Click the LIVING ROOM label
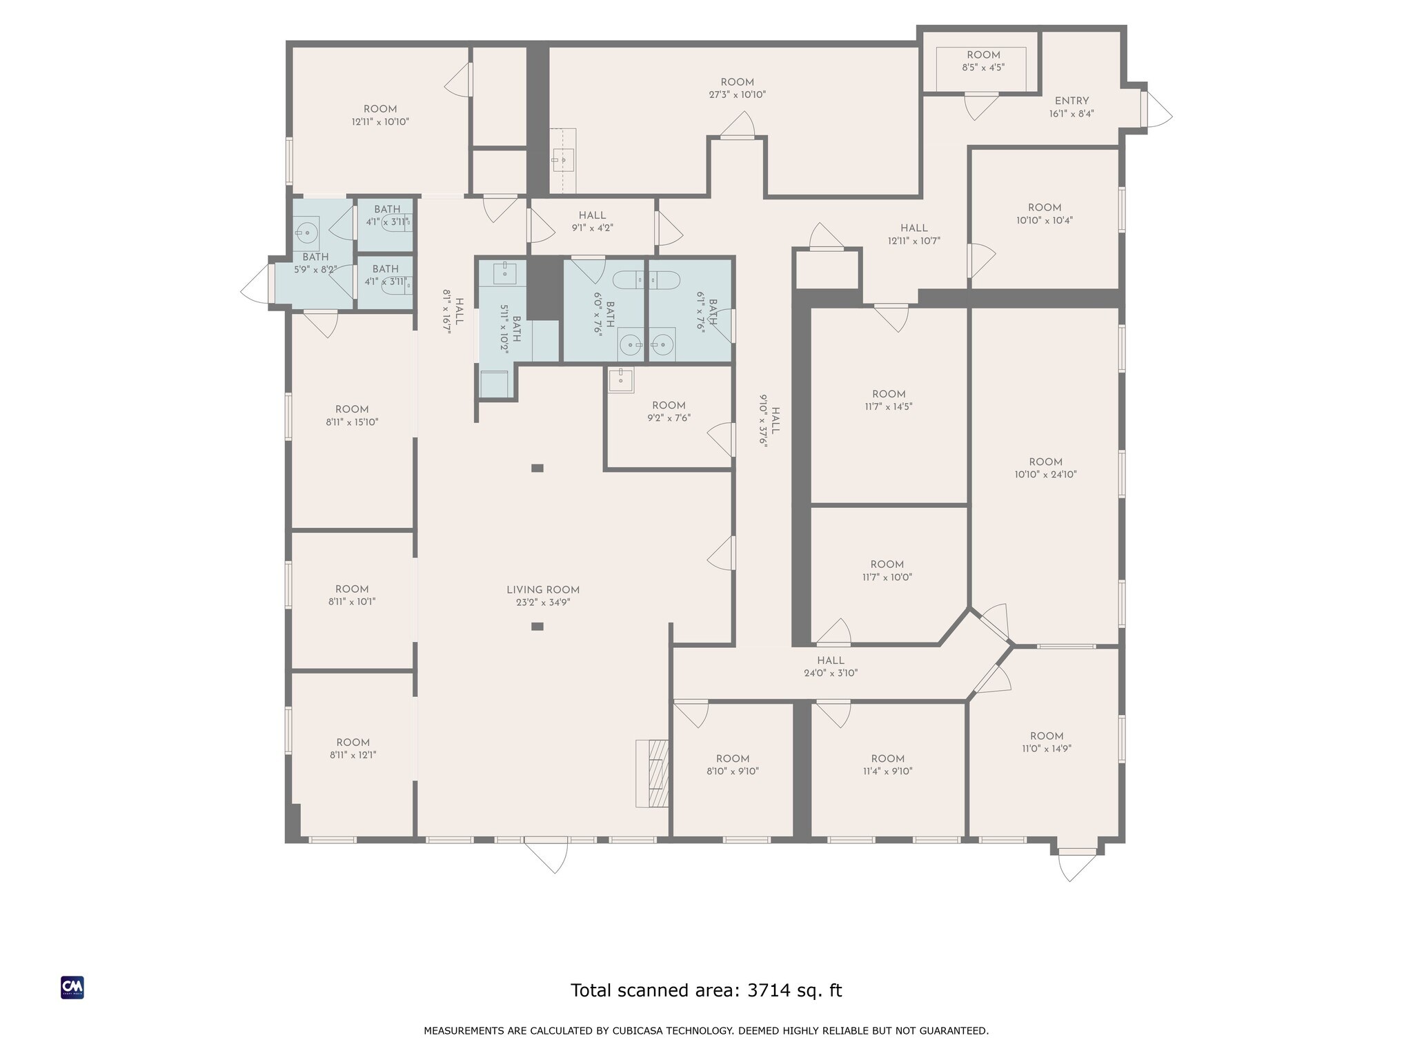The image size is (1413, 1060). pyautogui.click(x=543, y=590)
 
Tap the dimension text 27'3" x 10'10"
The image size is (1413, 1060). pyautogui.click(x=737, y=95)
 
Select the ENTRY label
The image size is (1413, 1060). pyautogui.click(x=1071, y=101)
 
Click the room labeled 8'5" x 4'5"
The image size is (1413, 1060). pyautogui.click(x=983, y=61)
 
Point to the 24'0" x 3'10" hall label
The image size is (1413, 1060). pyautogui.click(x=831, y=667)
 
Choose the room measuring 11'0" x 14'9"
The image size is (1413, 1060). pyautogui.click(x=1046, y=742)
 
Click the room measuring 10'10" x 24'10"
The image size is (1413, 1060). pyautogui.click(x=1045, y=468)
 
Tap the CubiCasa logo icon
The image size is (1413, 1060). pyautogui.click(x=72, y=988)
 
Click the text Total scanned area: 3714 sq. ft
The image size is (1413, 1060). pyautogui.click(x=706, y=990)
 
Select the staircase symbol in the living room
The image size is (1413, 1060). pyautogui.click(x=653, y=773)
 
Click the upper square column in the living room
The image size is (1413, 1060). pyautogui.click(x=537, y=468)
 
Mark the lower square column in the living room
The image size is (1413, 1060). pyautogui.click(x=537, y=627)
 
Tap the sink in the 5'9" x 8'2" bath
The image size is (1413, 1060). pyautogui.click(x=306, y=231)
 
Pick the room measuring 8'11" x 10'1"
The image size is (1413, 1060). pyautogui.click(x=352, y=595)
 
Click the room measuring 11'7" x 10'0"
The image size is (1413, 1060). pyautogui.click(x=887, y=571)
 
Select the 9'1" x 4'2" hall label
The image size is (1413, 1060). pyautogui.click(x=592, y=221)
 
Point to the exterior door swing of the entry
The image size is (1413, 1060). pyautogui.click(x=1158, y=110)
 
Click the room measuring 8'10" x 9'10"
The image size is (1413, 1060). pyautogui.click(x=732, y=765)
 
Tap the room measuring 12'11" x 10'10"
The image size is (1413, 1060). pyautogui.click(x=380, y=115)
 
